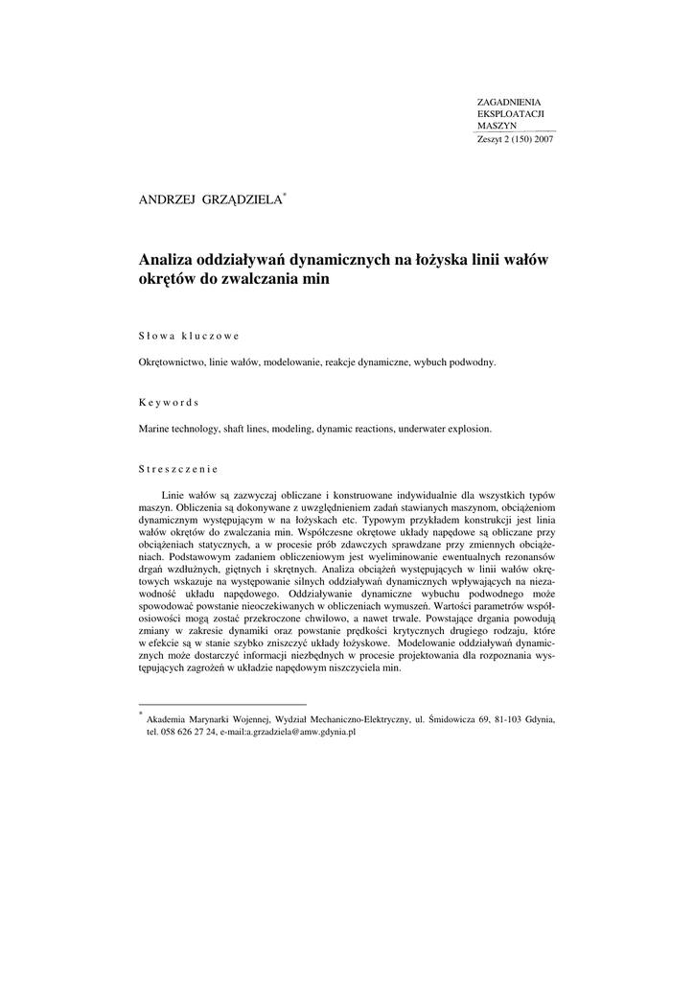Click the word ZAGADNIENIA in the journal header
click(509, 102)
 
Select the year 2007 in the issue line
click(543, 139)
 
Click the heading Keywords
click(168, 402)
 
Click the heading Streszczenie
click(178, 469)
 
